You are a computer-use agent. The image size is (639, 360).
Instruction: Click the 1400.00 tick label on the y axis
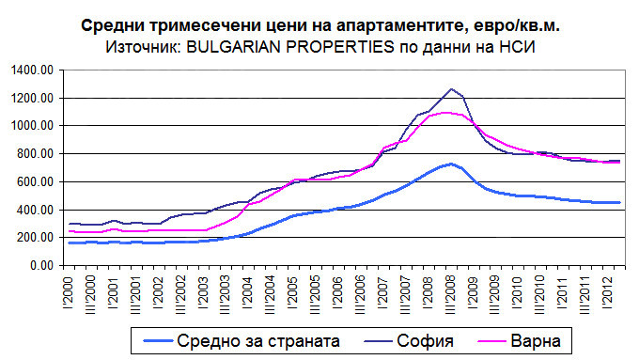33,70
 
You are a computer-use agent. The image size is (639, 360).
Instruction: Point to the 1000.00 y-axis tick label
33,126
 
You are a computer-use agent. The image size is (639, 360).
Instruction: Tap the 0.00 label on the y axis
42,266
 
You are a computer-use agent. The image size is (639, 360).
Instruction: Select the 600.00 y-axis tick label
36,182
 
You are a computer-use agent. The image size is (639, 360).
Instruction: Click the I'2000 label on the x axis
68,293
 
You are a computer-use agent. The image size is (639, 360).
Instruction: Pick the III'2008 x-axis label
451,295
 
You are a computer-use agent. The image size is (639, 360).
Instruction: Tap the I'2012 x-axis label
608,293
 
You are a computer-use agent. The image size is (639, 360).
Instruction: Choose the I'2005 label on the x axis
293,293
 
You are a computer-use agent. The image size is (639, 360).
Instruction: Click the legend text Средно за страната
258,341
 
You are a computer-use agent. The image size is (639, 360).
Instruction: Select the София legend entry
425,341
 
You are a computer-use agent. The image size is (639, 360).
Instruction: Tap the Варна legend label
536,341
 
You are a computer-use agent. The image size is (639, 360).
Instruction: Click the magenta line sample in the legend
491,341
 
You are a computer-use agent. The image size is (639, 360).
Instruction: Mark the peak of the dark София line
451,89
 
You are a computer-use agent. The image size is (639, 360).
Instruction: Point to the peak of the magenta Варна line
446,113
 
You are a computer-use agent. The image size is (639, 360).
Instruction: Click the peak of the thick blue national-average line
450,164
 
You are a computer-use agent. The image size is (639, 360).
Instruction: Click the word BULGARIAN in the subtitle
233,47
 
